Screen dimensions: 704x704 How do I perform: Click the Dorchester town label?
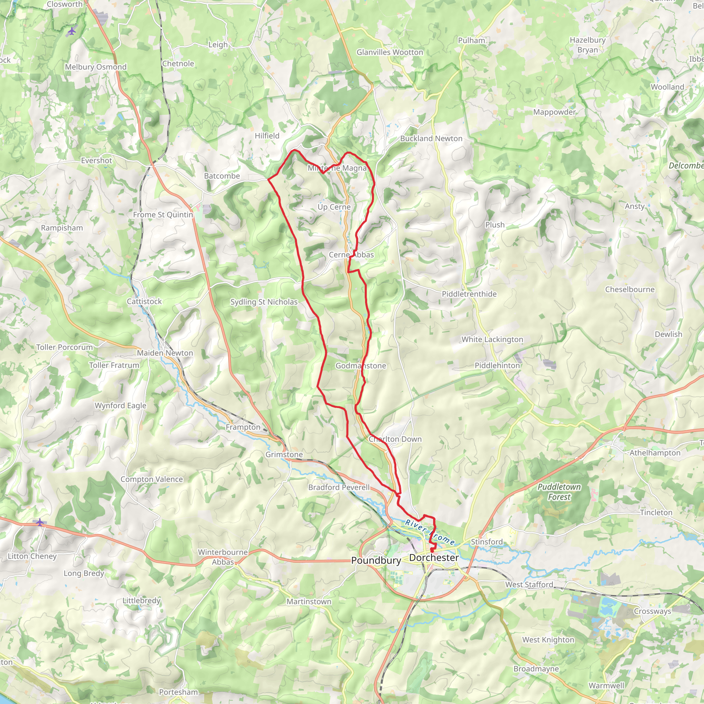433,558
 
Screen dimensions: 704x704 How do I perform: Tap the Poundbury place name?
376,560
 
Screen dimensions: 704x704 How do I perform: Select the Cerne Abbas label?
351,255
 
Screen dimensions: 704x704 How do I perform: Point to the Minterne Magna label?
337,168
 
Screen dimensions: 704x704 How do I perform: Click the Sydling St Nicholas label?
264,302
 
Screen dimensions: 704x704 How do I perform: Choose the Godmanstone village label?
361,365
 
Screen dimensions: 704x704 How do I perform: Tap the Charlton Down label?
395,439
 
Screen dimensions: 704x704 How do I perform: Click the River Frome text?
430,532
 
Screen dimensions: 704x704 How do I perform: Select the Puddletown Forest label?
559,492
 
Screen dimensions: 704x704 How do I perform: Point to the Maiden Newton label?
165,353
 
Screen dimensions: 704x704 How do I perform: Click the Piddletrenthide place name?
469,294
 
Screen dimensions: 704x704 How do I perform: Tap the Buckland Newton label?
431,139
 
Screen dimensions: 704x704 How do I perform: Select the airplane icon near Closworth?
72,31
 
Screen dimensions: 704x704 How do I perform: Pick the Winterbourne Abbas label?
223,557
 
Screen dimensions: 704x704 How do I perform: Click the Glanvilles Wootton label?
389,52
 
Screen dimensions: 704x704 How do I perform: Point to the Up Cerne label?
334,207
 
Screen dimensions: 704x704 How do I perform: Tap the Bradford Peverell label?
339,487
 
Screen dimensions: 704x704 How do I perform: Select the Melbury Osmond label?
96,67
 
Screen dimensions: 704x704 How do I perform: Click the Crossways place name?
652,611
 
